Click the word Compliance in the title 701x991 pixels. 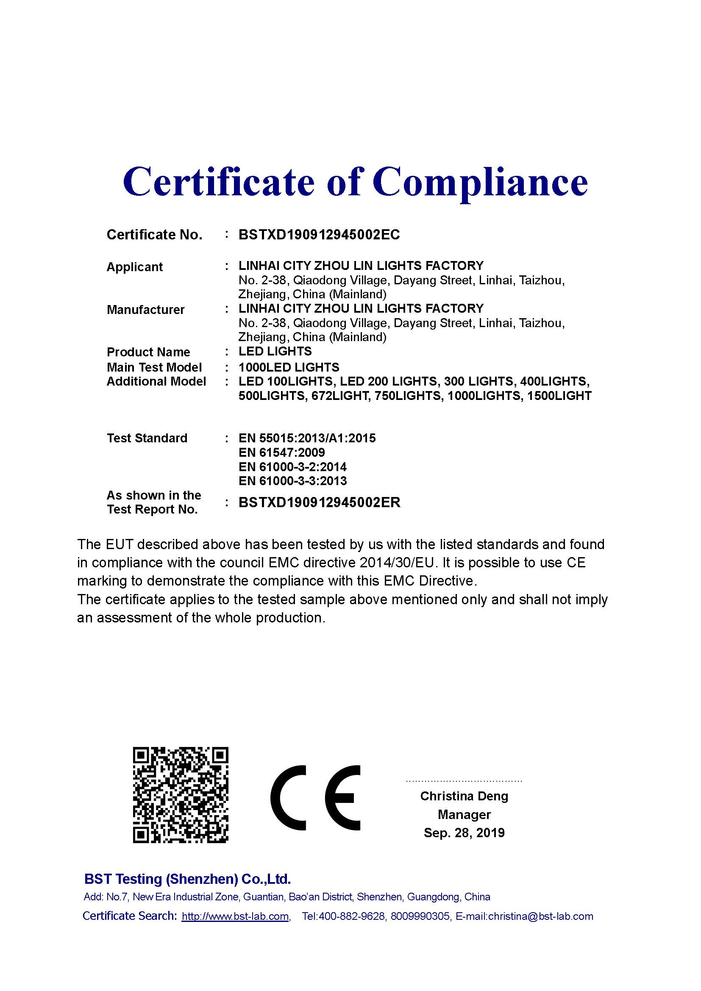tap(480, 182)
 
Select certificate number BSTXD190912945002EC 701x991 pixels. tap(319, 235)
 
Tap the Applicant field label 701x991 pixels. tap(134, 267)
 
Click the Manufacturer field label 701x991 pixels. tap(145, 309)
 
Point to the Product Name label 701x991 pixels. tap(148, 352)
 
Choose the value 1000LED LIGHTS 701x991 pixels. tap(289, 367)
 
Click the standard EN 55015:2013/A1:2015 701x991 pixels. tap(307, 438)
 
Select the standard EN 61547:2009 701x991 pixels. tap(281, 452)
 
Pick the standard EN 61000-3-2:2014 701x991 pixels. tap(292, 466)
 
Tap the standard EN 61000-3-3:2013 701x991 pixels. tap(292, 481)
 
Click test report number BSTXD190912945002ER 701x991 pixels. tap(319, 502)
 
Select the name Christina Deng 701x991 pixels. tap(464, 796)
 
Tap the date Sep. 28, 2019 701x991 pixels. tap(464, 833)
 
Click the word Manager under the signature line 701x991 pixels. tap(464, 814)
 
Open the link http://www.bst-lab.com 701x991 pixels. tap(235, 916)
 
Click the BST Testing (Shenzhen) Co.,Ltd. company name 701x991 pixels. tap(187, 879)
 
